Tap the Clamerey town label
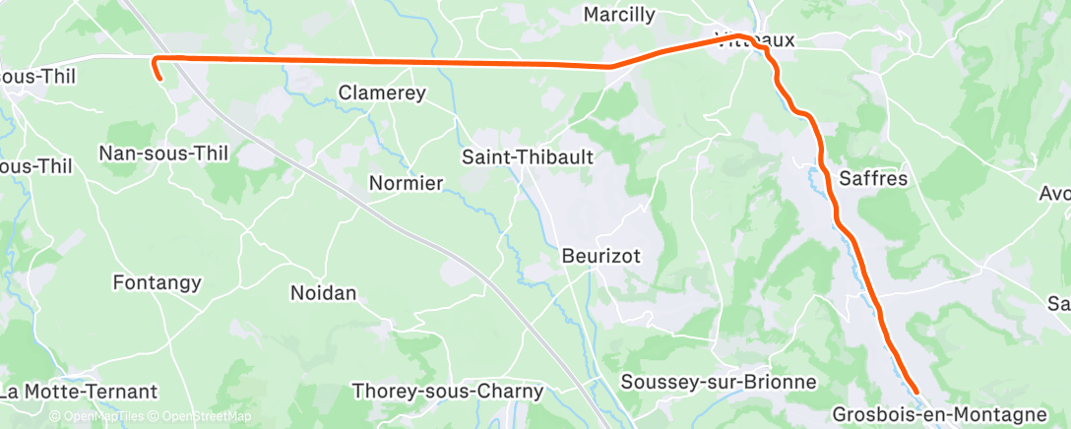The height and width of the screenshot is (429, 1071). (382, 93)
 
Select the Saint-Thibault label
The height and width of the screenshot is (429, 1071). (529, 156)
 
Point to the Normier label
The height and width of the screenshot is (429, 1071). (406, 183)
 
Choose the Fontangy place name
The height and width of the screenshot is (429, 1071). (157, 283)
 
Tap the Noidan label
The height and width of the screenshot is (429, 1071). (323, 292)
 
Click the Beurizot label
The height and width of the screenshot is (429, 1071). (601, 256)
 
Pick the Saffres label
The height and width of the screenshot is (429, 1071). (873, 179)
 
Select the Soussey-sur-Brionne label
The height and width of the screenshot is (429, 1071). (719, 382)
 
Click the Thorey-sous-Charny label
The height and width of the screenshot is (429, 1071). (448, 392)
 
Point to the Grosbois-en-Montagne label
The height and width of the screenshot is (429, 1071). (939, 414)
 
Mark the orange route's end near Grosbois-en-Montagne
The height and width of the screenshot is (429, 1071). (916, 392)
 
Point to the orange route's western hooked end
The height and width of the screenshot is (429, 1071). (158, 75)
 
